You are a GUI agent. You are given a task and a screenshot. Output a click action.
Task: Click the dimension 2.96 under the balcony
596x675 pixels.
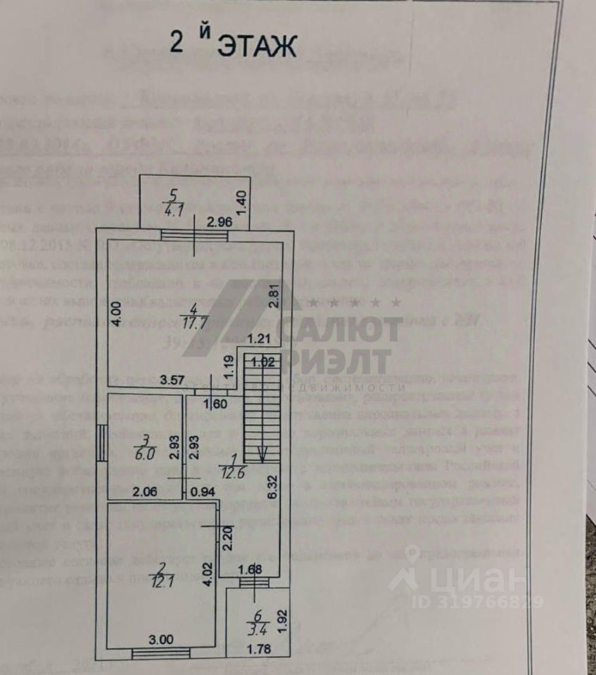[x=220, y=224]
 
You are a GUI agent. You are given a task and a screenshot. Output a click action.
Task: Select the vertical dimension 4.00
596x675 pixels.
[x=117, y=311]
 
